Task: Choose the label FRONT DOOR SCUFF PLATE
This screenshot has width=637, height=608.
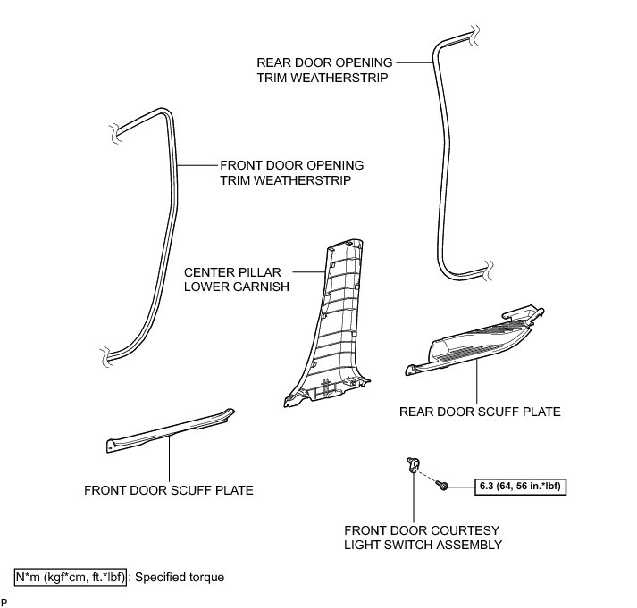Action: pyautogui.click(x=169, y=490)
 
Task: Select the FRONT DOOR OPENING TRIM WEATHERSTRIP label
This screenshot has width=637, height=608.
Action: pyautogui.click(x=291, y=172)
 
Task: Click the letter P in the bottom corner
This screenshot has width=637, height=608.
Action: pyautogui.click(x=4, y=604)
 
